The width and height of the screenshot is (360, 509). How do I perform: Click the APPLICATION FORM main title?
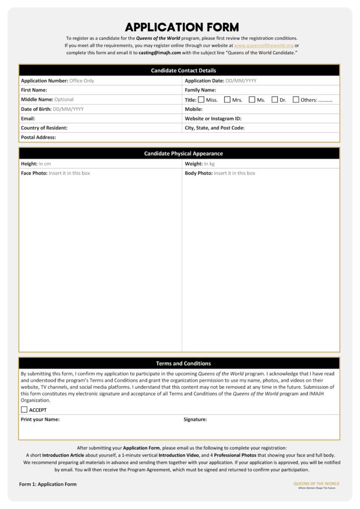pyautogui.click(x=181, y=27)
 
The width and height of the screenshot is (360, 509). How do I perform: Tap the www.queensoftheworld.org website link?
pyautogui.click(x=264, y=45)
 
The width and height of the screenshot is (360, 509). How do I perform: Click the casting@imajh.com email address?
pyautogui.click(x=160, y=52)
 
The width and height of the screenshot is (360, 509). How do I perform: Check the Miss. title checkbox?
pyautogui.click(x=201, y=99)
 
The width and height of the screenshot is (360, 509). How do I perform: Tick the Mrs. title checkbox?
pyautogui.click(x=227, y=99)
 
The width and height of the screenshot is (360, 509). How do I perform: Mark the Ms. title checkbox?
pyautogui.click(x=252, y=99)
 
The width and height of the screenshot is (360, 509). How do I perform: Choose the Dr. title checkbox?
pyautogui.click(x=274, y=99)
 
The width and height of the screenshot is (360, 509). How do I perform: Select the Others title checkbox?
pyautogui.click(x=296, y=99)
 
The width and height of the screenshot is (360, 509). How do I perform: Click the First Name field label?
pyautogui.click(x=34, y=90)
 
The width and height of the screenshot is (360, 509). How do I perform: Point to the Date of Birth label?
pyautogui.click(x=36, y=109)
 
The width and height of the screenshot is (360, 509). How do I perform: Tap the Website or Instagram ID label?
pyautogui.click(x=213, y=118)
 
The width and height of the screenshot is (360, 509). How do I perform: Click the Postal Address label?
pyautogui.click(x=38, y=137)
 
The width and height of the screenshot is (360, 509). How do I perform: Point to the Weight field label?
pyautogui.click(x=193, y=164)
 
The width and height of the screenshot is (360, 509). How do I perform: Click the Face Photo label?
pyautogui.click(x=34, y=173)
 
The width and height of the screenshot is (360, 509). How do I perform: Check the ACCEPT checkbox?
pyautogui.click(x=24, y=410)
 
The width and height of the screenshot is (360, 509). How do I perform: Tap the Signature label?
pyautogui.click(x=195, y=420)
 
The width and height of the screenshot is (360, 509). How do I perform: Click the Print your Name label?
pyautogui.click(x=40, y=420)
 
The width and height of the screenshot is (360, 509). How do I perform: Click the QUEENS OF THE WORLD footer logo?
pyautogui.click(x=316, y=484)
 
